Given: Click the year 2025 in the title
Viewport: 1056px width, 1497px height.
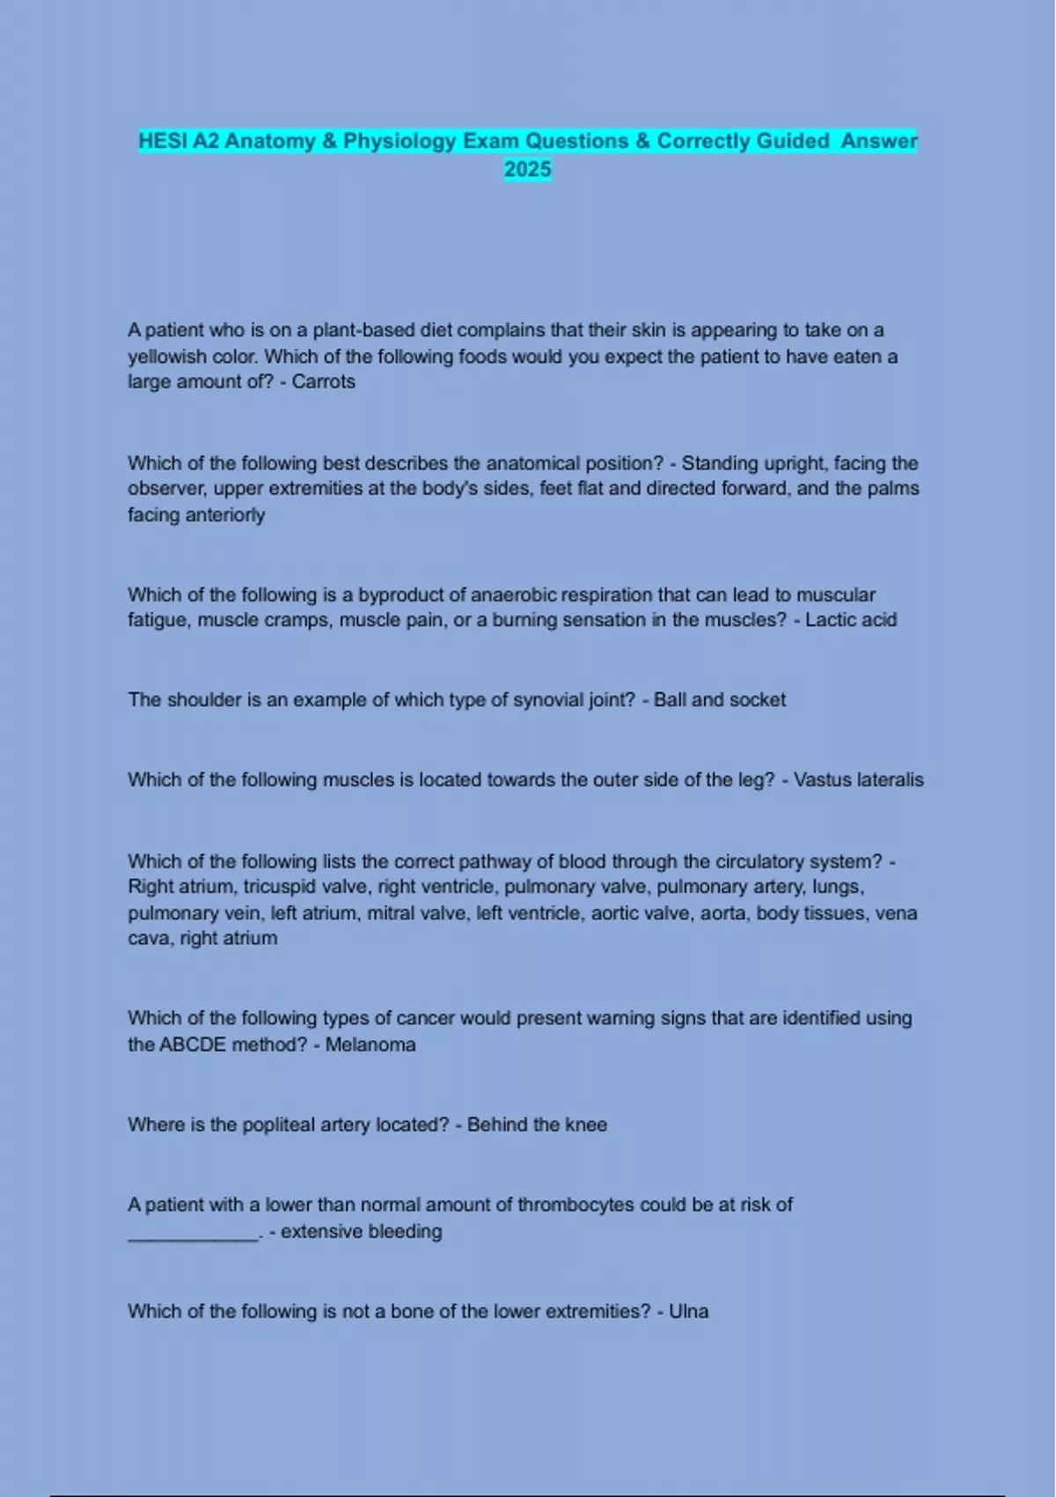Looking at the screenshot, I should coord(527,169).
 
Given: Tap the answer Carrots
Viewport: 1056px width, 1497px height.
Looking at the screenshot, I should coord(323,381).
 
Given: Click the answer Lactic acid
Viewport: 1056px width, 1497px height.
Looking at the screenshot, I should coord(850,620).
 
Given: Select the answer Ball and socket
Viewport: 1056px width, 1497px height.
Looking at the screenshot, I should coord(719,700).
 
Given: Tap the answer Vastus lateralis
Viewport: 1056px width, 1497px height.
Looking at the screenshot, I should coord(858,780).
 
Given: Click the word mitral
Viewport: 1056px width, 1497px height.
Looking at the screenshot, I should coord(389,913).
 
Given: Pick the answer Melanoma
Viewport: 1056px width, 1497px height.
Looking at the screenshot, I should coord(370,1044).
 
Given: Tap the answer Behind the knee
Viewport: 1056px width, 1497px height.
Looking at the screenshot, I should coord(537,1125).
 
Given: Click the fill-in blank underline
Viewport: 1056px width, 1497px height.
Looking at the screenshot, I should coord(193,1235).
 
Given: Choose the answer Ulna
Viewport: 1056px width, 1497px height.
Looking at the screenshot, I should coord(688,1311).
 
